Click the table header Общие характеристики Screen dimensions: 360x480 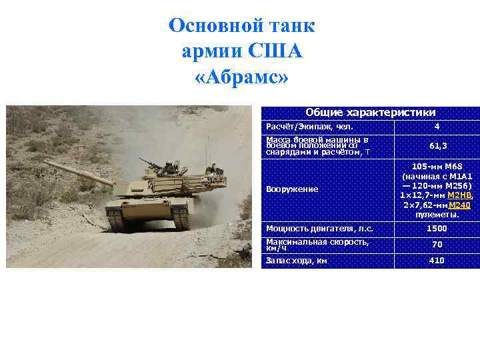click(x=370, y=112)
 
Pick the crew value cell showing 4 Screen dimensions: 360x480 click(x=437, y=127)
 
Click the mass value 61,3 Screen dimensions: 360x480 click(x=437, y=145)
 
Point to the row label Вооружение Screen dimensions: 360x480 click(x=292, y=189)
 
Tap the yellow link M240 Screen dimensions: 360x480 click(x=460, y=205)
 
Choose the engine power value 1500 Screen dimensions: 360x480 click(x=437, y=229)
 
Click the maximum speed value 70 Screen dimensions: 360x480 click(x=437, y=245)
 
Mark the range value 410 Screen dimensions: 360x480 click(x=437, y=261)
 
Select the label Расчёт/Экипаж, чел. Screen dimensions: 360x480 click(x=309, y=127)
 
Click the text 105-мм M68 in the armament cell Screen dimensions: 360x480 click(x=437, y=166)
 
